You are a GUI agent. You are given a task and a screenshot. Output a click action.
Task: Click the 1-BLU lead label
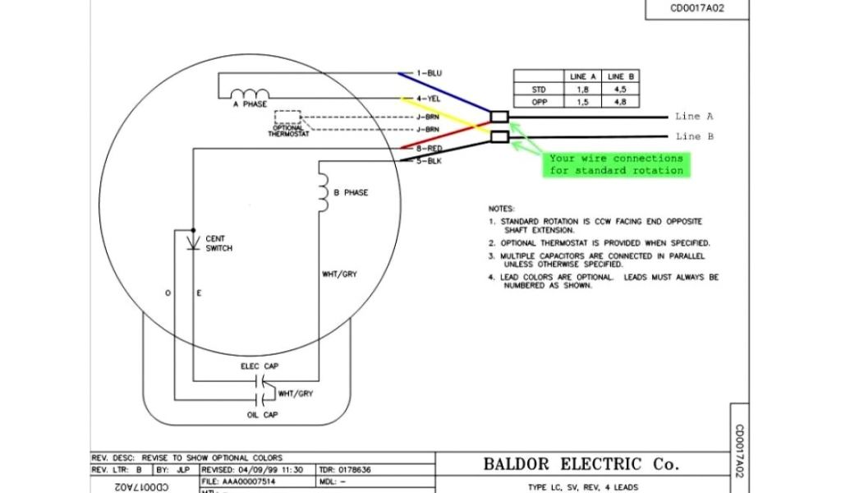click(429, 73)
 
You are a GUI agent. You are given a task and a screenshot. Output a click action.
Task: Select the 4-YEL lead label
click(428, 99)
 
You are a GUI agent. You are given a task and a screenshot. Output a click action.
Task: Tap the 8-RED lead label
click(428, 149)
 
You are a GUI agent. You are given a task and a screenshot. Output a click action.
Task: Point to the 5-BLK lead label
click(428, 161)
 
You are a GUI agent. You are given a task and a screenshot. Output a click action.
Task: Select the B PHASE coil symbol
click(323, 192)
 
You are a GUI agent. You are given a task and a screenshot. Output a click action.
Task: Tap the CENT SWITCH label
click(218, 243)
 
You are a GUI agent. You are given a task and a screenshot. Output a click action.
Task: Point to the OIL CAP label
click(262, 415)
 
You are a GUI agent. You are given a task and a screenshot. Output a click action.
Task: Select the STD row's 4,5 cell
click(619, 89)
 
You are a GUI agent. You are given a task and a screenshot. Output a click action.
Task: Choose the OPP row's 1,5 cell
click(582, 102)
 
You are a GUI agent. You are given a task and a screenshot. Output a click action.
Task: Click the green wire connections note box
click(616, 164)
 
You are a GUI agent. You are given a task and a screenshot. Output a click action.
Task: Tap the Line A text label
click(694, 117)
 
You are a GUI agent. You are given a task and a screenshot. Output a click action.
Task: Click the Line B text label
click(694, 136)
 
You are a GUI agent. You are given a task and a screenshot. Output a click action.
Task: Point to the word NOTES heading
click(501, 209)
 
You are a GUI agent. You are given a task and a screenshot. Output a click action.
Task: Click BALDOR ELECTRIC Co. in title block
click(581, 464)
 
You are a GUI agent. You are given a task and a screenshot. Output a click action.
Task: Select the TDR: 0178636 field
click(344, 469)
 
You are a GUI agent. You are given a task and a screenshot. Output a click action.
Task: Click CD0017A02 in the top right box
click(697, 9)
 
